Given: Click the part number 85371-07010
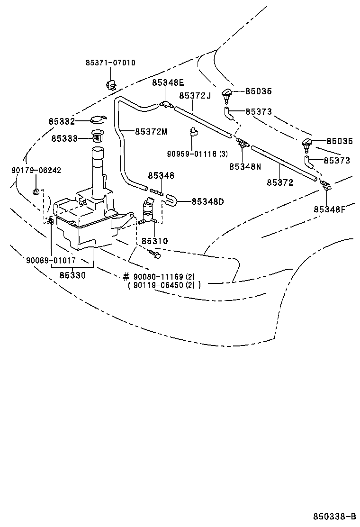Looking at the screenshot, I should coord(110,63).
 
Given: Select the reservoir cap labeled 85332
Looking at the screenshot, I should coord(97,120).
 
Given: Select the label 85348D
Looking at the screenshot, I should coord(207,201).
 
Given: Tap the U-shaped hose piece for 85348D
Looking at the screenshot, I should coord(171,201).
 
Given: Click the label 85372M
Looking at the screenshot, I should coord(151,131).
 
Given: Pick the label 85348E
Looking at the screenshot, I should coord(168,82).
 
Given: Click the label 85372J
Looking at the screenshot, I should coord(195,95).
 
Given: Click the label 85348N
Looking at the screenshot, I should coord(245,166).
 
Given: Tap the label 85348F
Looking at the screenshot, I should coord(329,209).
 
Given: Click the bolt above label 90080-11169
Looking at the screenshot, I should coord(155,255).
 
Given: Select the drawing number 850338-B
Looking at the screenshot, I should coord(334,516).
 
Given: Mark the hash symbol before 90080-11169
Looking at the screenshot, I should coord(126,276).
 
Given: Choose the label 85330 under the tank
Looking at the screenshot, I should coord(72,274).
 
